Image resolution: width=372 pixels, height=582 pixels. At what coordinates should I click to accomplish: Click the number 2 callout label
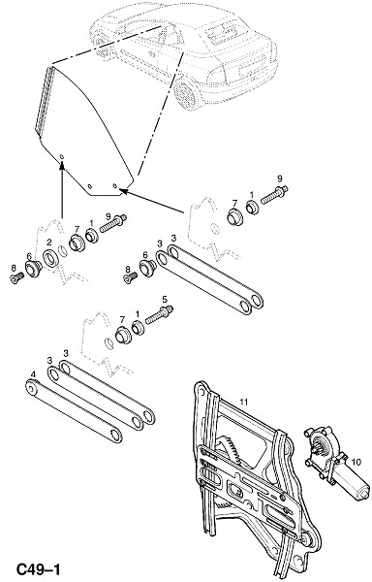(x=48, y=242)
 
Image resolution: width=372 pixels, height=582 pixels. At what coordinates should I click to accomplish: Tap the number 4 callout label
(x=33, y=374)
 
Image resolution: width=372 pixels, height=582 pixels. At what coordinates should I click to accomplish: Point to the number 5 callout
(x=165, y=299)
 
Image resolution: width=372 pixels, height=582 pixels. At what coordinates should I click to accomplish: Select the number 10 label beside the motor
(x=356, y=462)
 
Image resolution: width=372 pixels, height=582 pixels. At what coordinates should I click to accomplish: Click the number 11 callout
(x=243, y=402)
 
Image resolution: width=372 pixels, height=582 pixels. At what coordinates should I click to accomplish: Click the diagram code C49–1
(x=38, y=569)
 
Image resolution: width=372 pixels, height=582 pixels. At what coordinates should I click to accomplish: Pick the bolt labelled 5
(x=159, y=314)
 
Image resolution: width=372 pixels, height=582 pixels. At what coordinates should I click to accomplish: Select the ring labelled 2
(x=49, y=258)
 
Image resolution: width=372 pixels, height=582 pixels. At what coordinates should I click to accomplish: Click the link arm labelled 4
(x=74, y=411)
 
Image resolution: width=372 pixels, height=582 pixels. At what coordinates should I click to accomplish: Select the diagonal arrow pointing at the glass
(x=151, y=202)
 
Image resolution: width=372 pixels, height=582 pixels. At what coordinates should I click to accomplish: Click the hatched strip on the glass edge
(x=45, y=100)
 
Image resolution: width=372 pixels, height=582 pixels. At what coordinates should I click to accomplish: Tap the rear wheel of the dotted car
(x=186, y=92)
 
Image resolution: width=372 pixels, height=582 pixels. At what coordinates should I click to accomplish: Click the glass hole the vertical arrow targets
(x=62, y=156)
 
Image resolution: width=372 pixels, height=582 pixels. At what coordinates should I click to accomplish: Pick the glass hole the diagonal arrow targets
(x=115, y=185)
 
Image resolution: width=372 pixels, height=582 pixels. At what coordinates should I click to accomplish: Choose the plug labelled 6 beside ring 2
(x=33, y=268)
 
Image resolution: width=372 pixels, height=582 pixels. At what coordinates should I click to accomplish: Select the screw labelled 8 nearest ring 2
(x=17, y=277)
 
